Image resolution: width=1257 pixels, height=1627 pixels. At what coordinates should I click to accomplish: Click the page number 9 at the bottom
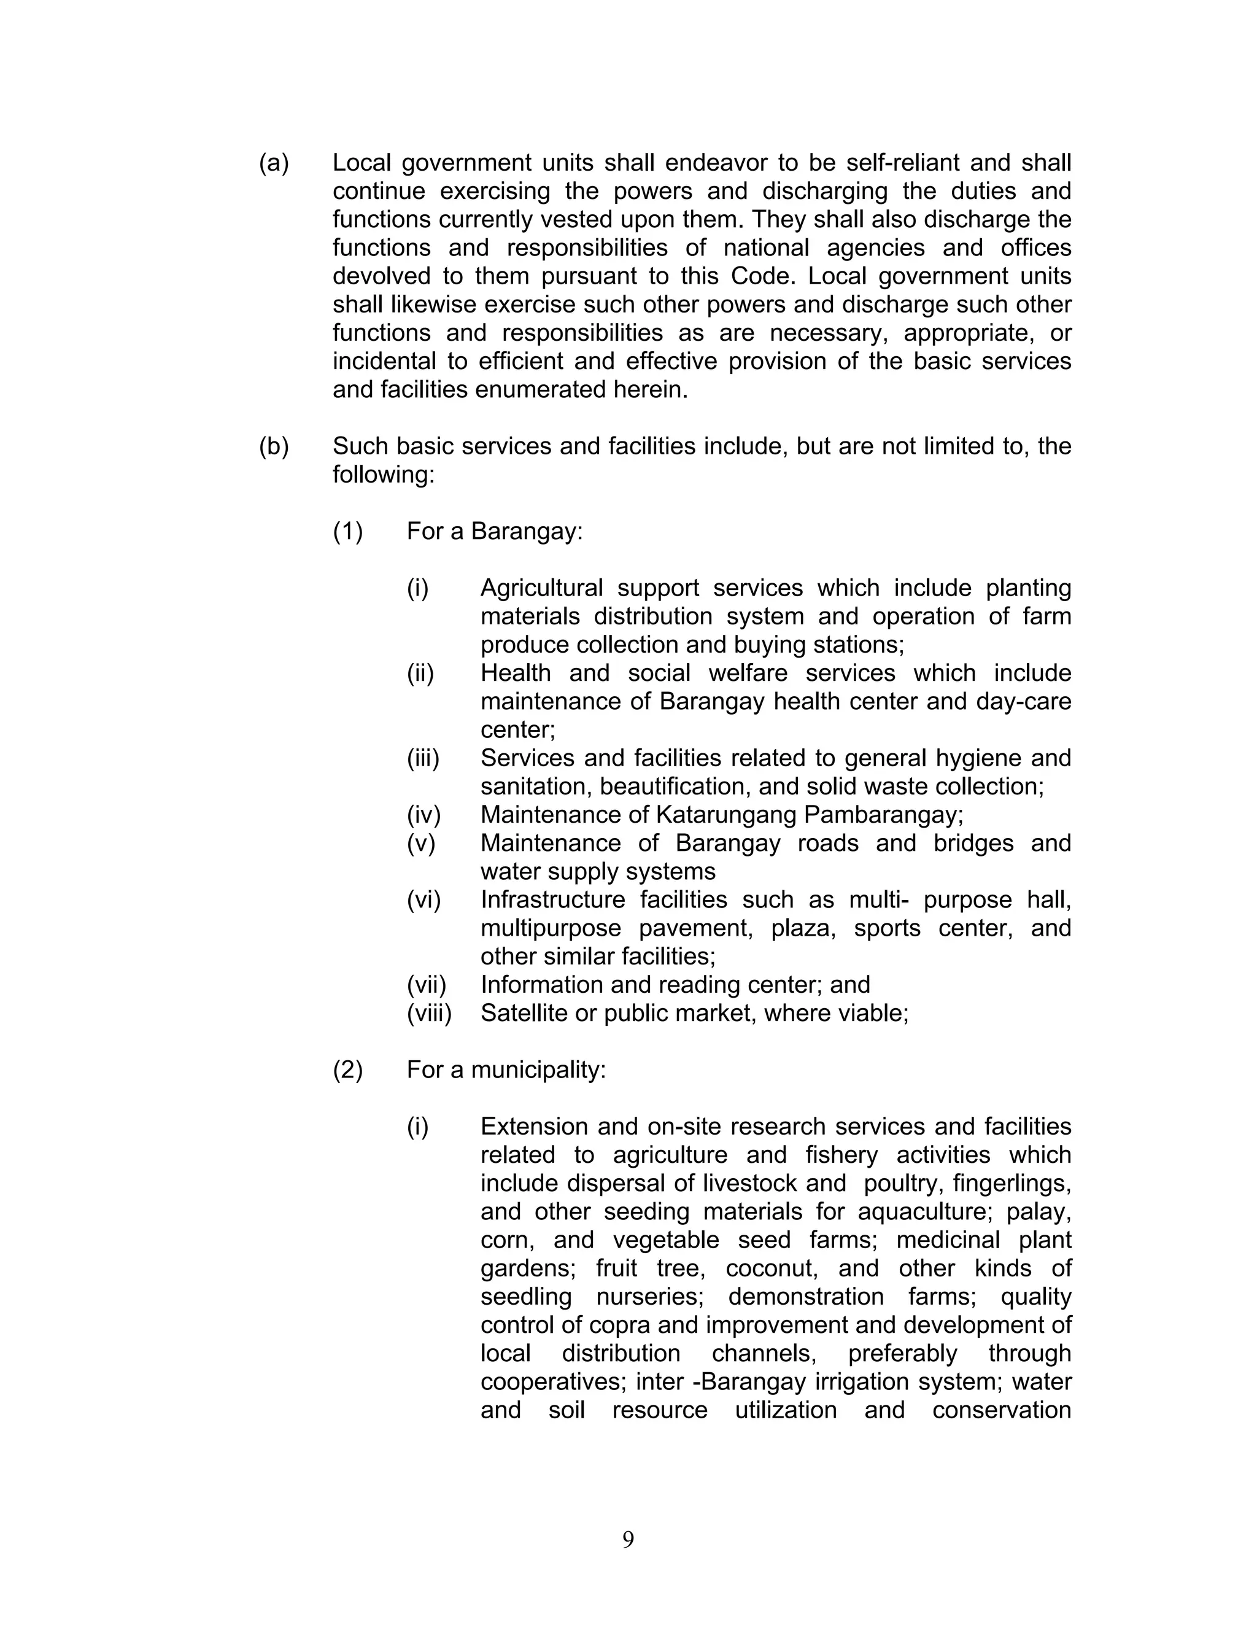tap(628, 1539)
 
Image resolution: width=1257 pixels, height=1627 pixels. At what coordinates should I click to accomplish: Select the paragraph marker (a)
tap(273, 163)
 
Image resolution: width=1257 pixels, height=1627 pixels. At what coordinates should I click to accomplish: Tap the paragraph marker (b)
tap(273, 446)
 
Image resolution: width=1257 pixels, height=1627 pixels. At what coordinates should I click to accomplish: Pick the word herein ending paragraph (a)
tap(653, 390)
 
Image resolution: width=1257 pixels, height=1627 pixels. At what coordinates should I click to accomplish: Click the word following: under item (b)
tap(383, 475)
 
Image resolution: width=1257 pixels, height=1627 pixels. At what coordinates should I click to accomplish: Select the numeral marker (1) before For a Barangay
tap(348, 531)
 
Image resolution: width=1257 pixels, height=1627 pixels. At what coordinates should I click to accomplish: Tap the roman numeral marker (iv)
tap(423, 815)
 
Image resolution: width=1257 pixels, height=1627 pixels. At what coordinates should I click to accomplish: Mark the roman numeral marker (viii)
tap(429, 1013)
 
